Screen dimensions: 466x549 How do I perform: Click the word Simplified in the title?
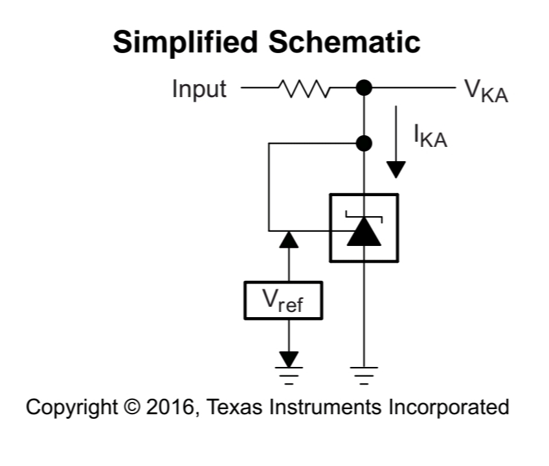tap(186, 43)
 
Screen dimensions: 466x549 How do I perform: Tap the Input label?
tap(199, 89)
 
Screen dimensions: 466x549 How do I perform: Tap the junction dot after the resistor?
tap(364, 87)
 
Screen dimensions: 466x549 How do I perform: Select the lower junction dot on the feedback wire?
tap(364, 143)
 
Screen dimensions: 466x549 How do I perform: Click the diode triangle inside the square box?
tap(364, 234)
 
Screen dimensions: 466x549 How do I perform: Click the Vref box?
tap(283, 300)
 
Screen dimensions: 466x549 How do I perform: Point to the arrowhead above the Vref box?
tap(289, 240)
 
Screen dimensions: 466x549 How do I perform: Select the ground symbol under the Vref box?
tap(289, 375)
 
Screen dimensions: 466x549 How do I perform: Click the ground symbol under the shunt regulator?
tap(364, 375)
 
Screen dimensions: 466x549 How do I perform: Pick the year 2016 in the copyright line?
tap(164, 408)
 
